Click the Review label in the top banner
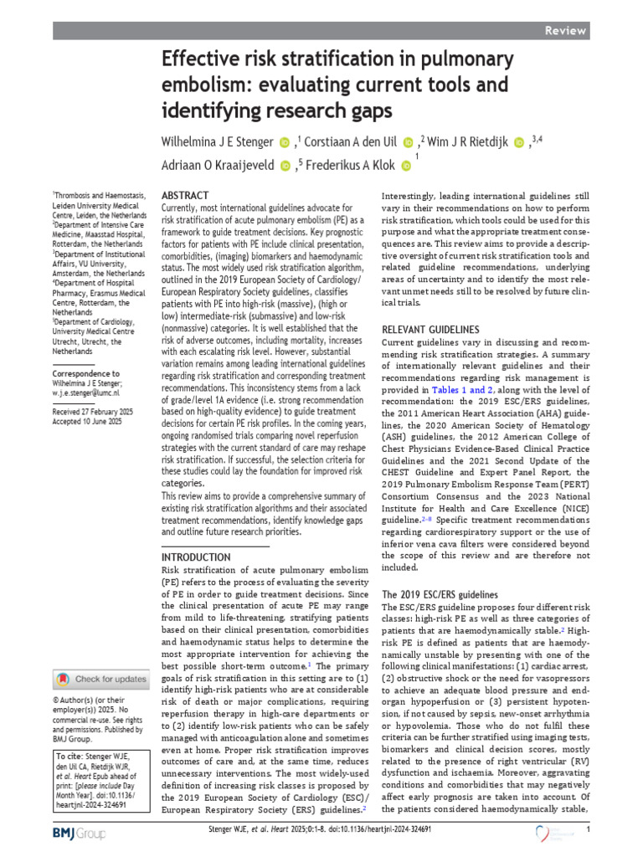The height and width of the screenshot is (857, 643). point(564,30)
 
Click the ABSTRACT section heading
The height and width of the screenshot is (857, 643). point(186,192)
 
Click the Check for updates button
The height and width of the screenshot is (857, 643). point(101,679)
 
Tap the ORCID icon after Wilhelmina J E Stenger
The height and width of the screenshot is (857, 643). point(284,143)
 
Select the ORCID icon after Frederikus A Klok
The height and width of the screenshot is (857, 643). point(407,167)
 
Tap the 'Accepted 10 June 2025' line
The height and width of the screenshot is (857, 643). point(87,423)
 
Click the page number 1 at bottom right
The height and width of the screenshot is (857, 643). point(589,829)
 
